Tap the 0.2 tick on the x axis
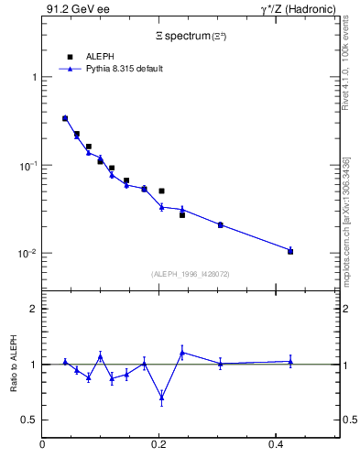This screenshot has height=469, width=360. [158, 444]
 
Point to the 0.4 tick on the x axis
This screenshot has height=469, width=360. [275, 444]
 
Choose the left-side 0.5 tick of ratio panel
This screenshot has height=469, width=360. [30, 420]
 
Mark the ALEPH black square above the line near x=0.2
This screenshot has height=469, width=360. [161, 191]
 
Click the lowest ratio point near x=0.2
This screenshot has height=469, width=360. [161, 398]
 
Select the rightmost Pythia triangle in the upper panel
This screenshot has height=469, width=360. [290, 249]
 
